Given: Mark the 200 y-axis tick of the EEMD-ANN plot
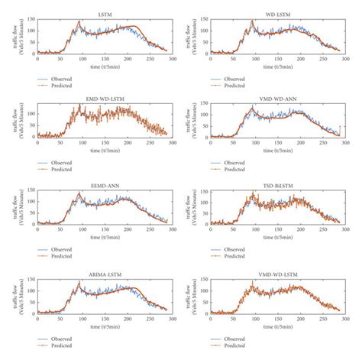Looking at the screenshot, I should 30,191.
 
